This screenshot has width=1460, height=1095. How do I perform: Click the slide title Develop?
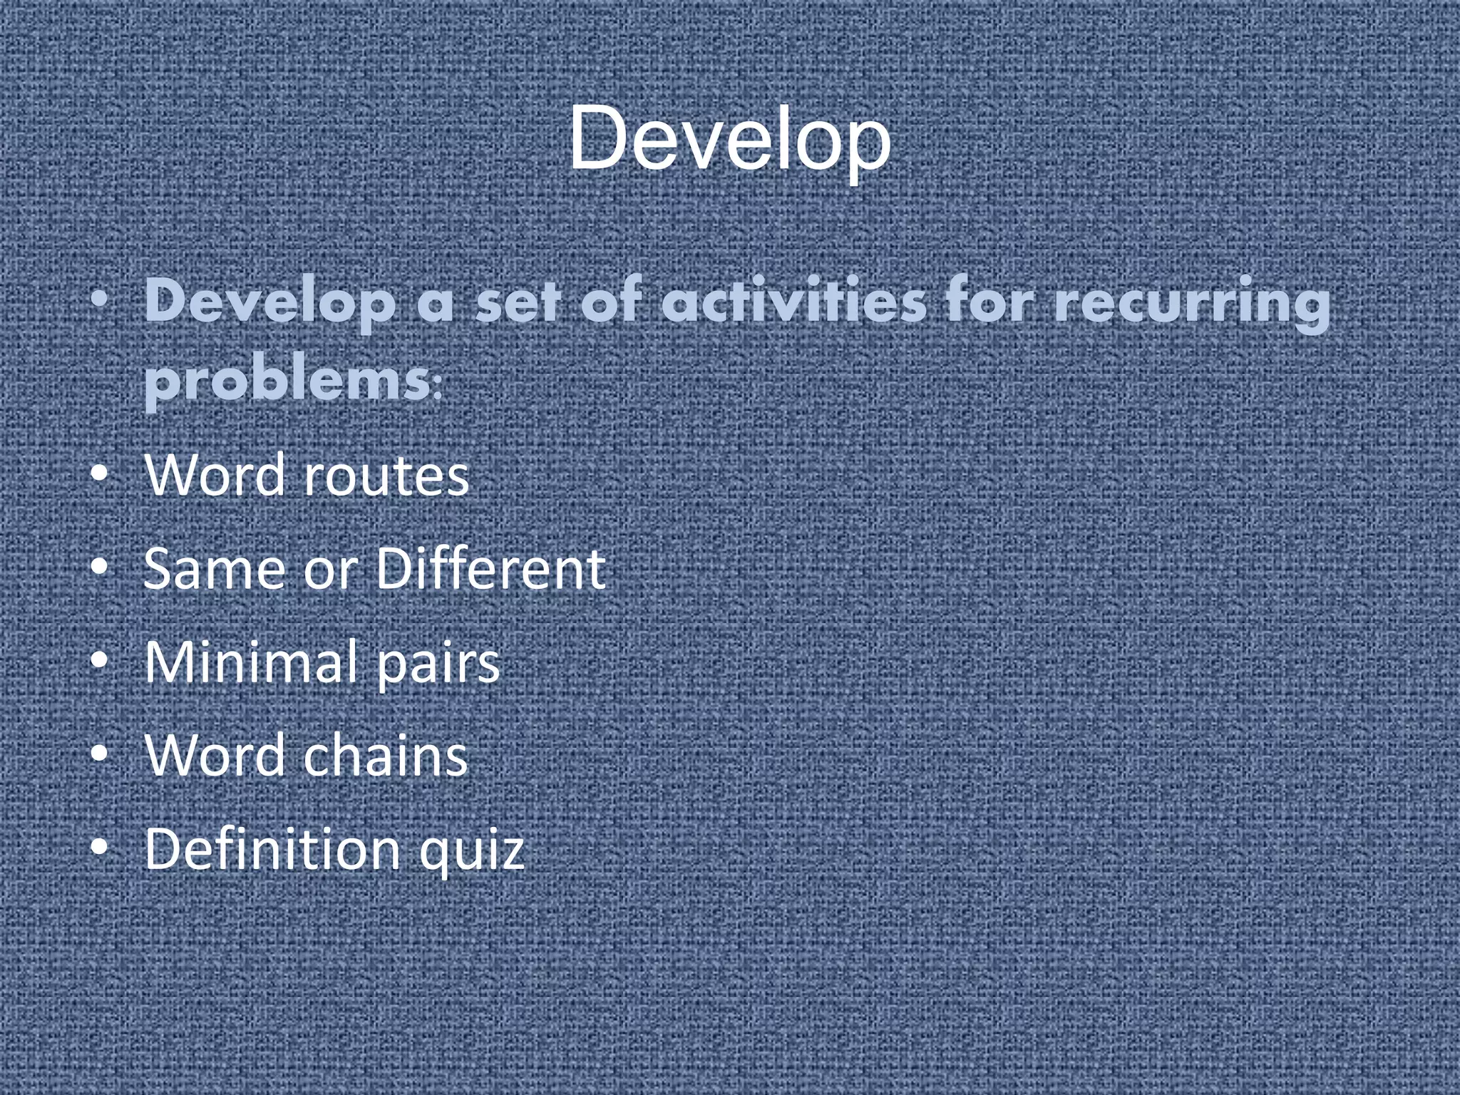coord(729,139)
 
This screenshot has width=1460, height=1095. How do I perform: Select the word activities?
coord(793,301)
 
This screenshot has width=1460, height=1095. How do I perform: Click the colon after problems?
coord(437,389)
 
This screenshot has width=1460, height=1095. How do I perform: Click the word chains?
coord(386,756)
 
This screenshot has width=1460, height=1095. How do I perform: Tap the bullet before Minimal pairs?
coord(100,661)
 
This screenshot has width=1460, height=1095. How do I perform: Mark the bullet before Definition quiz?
coord(100,848)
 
